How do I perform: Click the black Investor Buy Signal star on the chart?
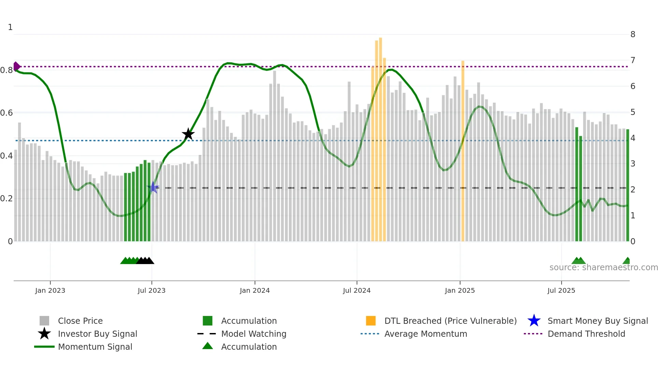pos(188,134)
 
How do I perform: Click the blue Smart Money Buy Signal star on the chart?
pos(153,187)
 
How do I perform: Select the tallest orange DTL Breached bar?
pos(380,136)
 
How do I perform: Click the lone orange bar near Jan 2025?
pos(463,150)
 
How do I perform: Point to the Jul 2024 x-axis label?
pos(357,290)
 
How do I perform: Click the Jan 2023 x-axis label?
pos(50,290)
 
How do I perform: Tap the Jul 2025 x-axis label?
pos(561,290)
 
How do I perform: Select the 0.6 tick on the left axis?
pos(6,113)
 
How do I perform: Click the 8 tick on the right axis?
pos(633,34)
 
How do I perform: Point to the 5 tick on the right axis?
pos(633,112)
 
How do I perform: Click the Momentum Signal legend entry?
pos(95,347)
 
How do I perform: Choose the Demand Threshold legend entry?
pos(586,334)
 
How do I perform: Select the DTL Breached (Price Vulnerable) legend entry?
pos(450,321)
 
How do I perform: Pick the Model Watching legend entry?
pos(254,334)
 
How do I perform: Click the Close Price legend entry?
pos(80,321)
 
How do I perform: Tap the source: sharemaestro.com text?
pos(603,267)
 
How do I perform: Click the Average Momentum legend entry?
pos(426,334)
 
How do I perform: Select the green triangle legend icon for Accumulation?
pos(208,346)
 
